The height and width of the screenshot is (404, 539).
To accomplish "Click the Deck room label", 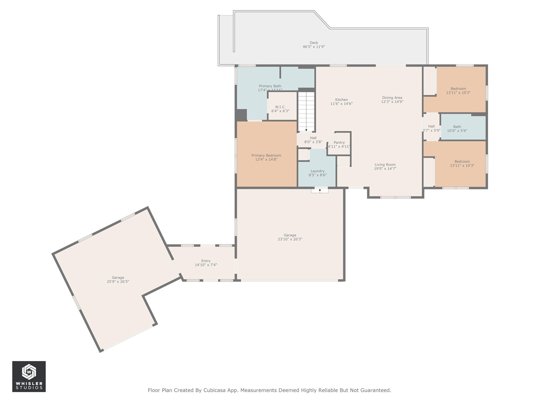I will (314, 43).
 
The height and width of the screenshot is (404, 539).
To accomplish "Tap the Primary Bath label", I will (270, 86).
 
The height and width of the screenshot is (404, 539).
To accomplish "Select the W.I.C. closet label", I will (280, 107).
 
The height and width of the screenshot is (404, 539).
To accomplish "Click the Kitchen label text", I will (341, 100).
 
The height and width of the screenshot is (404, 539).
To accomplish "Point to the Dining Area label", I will (392, 98).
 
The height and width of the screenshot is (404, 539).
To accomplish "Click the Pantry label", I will (339, 143).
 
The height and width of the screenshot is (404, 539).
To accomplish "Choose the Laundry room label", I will (317, 171).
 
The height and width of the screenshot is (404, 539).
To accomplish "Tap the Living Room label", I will (385, 165).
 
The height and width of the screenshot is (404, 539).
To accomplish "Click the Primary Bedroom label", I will (266, 155).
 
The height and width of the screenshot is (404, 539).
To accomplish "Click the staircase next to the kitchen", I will (306, 112).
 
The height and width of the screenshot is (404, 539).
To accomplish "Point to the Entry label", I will (205, 261).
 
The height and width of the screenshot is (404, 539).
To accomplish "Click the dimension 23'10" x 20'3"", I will (290, 239).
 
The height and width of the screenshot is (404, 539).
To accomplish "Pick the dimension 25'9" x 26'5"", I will (118, 282).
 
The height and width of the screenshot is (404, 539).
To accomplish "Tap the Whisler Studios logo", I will (29, 376).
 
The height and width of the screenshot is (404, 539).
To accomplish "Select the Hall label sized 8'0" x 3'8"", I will (313, 138).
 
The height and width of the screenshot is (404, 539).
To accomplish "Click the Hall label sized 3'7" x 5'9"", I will (431, 126).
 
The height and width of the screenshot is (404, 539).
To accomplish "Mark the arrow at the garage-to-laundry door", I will (320, 191).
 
